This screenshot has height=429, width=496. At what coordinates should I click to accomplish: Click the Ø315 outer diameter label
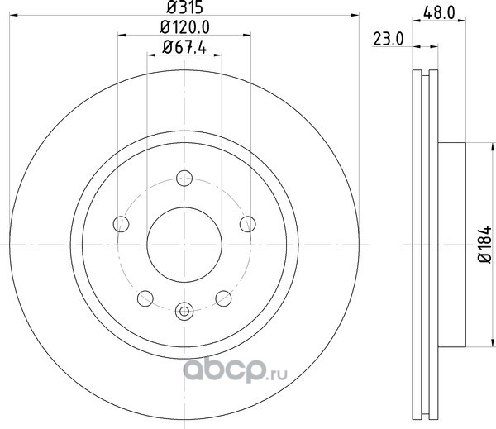click(x=184, y=7)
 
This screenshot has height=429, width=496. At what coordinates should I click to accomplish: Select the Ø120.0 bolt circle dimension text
click(x=184, y=27)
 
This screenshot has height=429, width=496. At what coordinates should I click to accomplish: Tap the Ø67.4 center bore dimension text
click(x=184, y=47)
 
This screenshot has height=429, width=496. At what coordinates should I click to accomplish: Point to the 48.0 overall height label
click(x=439, y=13)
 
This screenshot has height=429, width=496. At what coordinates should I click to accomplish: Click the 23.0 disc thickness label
click(x=389, y=40)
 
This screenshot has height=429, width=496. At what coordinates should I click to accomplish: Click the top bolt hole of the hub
click(x=184, y=178)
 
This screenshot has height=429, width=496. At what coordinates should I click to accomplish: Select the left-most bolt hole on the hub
click(x=122, y=224)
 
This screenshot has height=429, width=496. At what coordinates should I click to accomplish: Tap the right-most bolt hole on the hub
click(x=248, y=224)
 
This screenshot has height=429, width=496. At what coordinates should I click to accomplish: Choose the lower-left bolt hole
click(x=145, y=298)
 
